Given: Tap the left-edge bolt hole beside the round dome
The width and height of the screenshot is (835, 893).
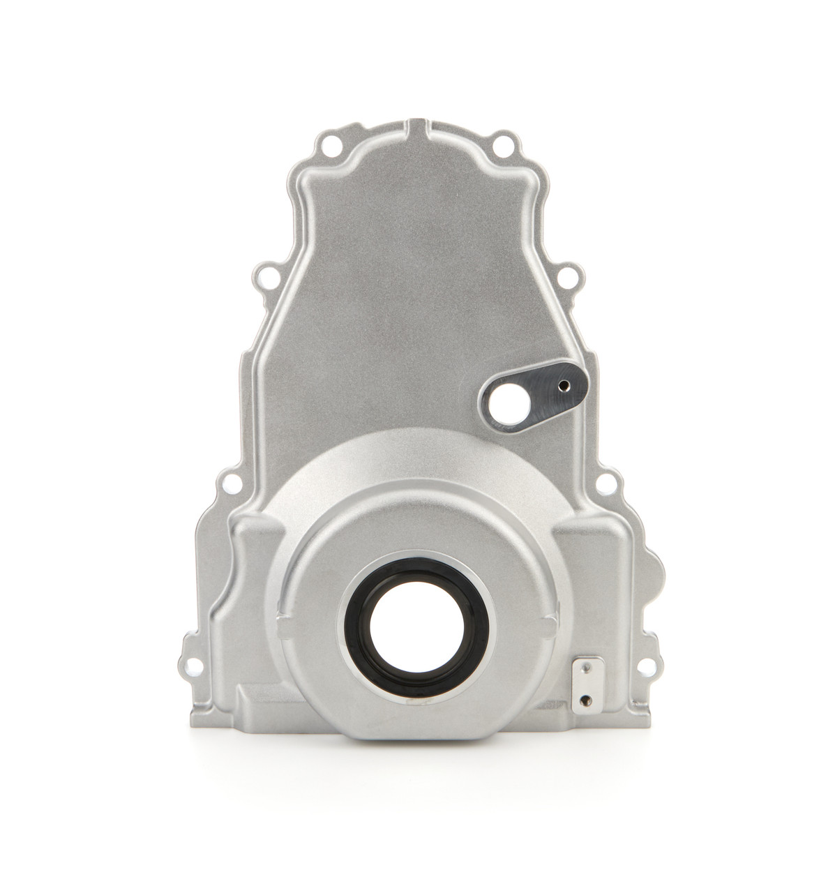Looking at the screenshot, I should pyautogui.click(x=226, y=481).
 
